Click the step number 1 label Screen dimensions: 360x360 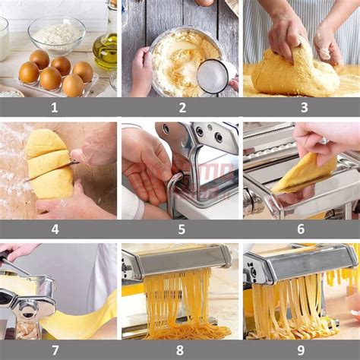click(55, 107)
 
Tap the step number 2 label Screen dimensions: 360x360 click(182, 107)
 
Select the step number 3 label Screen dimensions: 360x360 click(304, 107)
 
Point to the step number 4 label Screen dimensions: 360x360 click(55, 229)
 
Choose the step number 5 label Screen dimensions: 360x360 click(182, 229)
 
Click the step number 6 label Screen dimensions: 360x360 click(301, 229)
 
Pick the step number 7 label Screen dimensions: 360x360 click(55, 350)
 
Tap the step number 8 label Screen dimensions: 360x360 click(180, 350)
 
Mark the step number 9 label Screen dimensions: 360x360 click(301, 350)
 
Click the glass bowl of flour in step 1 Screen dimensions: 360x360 click(57, 36)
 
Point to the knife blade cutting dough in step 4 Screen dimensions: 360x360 click(51, 172)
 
